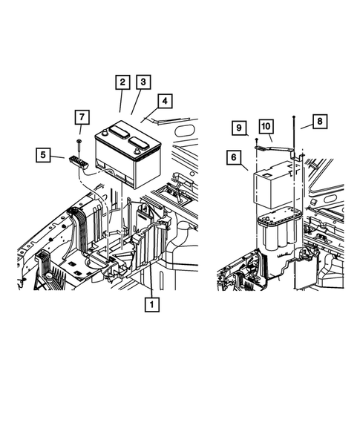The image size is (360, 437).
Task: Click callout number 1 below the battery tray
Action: [153, 303]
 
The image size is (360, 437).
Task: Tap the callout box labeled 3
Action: [143, 82]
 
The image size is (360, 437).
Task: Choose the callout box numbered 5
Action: [44, 155]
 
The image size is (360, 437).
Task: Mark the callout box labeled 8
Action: [319, 120]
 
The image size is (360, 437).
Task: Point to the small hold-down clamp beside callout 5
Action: [78, 159]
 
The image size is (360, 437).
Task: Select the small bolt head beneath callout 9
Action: [256, 139]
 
